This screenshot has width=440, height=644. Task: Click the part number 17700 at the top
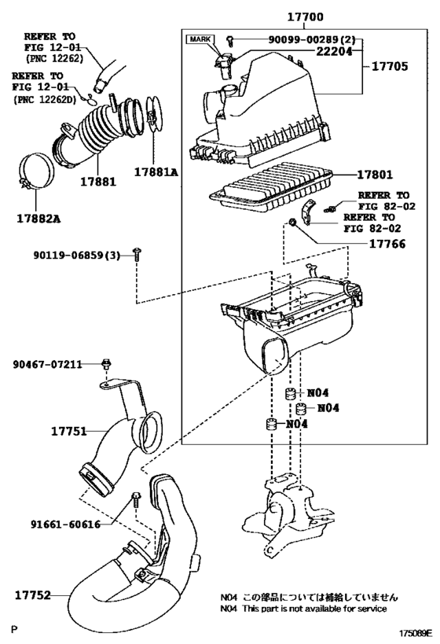(305, 17)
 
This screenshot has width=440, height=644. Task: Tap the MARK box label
(200, 39)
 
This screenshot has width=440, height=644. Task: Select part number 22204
(334, 51)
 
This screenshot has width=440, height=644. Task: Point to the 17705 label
(390, 66)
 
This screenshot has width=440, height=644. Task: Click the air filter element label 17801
(375, 175)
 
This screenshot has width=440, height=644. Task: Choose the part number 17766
(387, 244)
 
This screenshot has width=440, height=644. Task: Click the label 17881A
(156, 172)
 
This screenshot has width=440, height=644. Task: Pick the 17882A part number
(38, 219)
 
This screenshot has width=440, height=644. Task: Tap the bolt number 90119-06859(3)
(77, 256)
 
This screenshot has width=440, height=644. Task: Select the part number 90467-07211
(47, 364)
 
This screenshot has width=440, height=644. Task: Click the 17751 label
(69, 431)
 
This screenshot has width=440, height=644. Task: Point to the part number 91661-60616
(66, 524)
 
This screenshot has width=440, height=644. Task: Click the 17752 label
(33, 595)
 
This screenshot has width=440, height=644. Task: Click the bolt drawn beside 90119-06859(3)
(137, 255)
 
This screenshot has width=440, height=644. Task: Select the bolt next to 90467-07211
(107, 364)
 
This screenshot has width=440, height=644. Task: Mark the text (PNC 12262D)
(45, 100)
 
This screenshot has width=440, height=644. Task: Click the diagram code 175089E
(416, 633)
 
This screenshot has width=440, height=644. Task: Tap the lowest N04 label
(297, 424)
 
